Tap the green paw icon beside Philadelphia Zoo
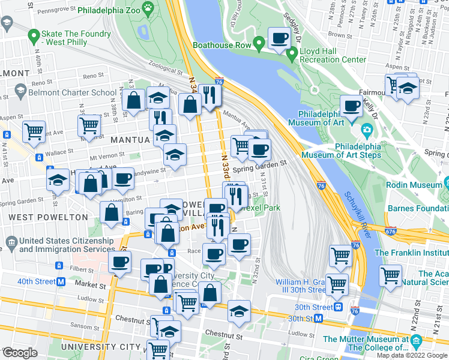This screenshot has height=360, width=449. click(148, 8)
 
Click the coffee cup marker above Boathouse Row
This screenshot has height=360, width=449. click(279, 40)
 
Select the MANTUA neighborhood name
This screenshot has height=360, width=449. click(129, 139)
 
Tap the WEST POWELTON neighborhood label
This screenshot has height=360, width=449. click(37, 216)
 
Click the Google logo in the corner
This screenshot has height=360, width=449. click(19, 353)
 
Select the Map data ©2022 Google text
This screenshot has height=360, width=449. click(412, 355)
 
